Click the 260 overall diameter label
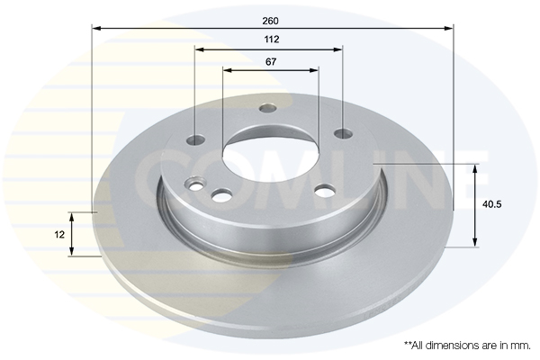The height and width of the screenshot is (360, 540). coord(270,21)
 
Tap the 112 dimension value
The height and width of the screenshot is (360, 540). coord(272,40)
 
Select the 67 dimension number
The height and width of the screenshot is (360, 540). coord(271,62)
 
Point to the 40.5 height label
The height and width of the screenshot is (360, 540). coord(492,204)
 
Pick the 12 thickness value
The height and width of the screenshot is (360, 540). coord(59,235)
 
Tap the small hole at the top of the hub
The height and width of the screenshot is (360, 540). coord(268,108)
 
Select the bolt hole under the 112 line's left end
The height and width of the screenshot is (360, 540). coord(195,139)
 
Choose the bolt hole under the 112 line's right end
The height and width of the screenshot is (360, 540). coord(344,133)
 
